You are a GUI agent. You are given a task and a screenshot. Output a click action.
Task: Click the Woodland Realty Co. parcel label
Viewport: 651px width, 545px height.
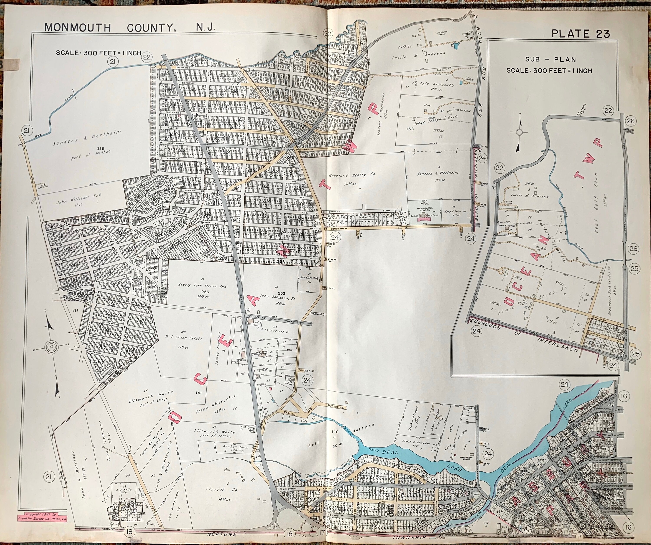tap(352, 175)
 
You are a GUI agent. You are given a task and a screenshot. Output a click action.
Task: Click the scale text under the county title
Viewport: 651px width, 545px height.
tap(98, 53)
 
